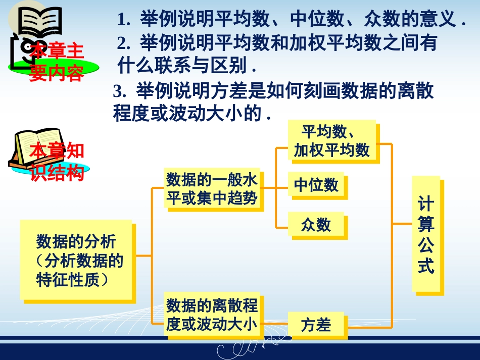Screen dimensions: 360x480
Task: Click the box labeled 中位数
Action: pyautogui.click(x=316, y=185)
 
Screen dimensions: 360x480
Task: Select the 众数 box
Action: pyautogui.click(x=316, y=224)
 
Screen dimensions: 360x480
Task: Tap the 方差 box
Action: pyautogui.click(x=316, y=325)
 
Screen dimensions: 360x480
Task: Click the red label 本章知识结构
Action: pyautogui.click(x=56, y=162)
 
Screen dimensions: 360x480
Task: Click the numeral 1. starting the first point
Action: pyautogui.click(x=123, y=21)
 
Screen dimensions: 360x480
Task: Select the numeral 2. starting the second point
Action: pyautogui.click(x=123, y=44)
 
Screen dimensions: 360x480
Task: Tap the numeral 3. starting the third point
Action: pyautogui.click(x=119, y=92)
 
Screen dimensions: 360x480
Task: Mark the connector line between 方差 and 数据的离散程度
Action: pyautogui.click(x=273, y=323)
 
